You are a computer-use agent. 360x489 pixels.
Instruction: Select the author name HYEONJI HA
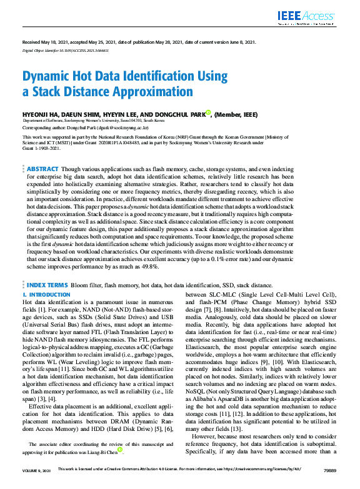point(41,114)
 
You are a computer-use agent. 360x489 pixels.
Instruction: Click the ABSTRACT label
point(43,169)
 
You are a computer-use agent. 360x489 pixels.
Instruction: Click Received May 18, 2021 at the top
point(47,42)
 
